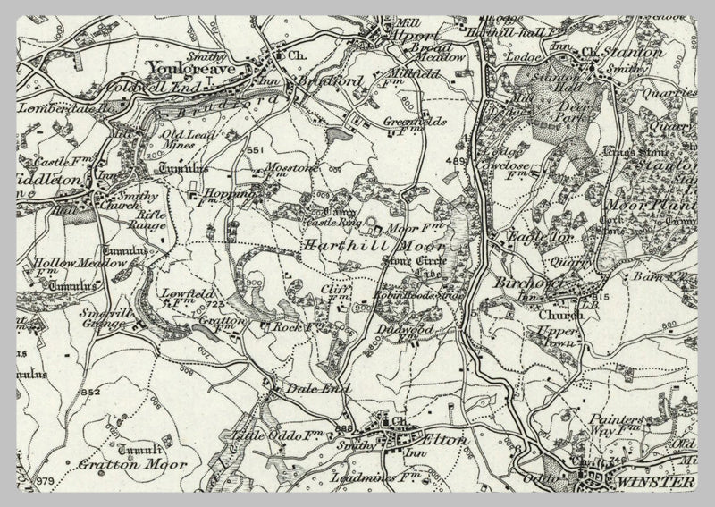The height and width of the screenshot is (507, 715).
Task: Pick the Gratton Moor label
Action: coord(119,464)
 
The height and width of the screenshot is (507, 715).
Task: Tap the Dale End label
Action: coord(305,389)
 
